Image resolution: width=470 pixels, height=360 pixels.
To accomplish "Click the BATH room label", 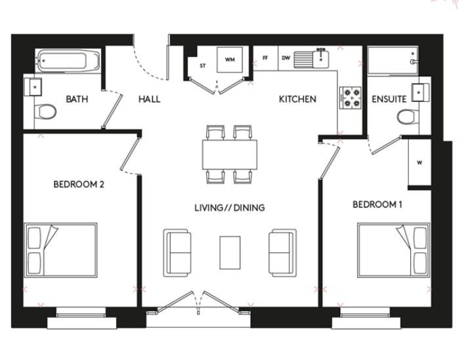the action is coord(77,99).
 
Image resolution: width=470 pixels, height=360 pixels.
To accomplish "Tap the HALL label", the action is coord(149,99).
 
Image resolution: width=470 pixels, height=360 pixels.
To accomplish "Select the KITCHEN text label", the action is coord(297,99).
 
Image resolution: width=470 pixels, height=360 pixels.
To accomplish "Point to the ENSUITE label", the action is coord(389,99).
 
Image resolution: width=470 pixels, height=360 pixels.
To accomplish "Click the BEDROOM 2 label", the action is coord(79,184).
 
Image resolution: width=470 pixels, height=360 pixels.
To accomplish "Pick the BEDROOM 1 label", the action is coord(377,204).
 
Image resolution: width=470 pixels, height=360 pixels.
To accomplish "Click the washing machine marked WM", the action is coord(230,59).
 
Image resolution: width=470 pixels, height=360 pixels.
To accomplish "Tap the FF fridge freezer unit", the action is coord(266,58).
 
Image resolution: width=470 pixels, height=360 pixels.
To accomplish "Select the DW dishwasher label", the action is coord(286,58).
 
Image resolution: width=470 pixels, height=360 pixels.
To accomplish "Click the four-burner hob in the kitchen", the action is coord(350,98).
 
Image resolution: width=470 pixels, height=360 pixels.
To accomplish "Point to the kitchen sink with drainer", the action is coord(311,59).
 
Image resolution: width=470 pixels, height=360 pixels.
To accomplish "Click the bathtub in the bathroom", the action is coord(68,60).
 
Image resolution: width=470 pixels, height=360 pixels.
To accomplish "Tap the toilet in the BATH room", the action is coord(45,112).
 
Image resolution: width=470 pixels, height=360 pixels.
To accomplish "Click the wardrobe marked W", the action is coord(419,162).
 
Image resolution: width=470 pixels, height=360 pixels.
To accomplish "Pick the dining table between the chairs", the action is coord(230,155).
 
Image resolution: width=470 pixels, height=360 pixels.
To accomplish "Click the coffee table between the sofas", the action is coord(230,253).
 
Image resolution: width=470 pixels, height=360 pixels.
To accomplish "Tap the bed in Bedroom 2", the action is coord(61,250).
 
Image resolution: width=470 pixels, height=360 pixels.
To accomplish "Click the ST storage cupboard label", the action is coord(203,66).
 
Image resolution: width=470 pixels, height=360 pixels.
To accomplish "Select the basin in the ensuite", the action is coord(421,92).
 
